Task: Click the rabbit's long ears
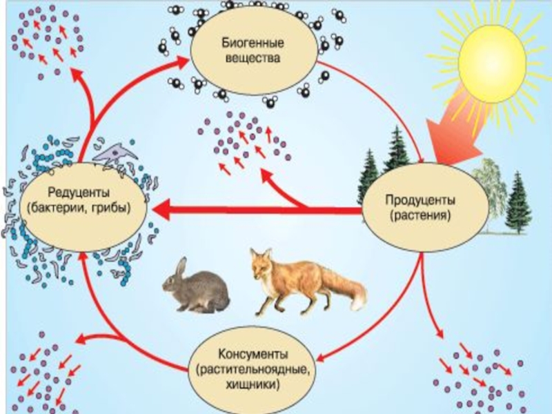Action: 180,266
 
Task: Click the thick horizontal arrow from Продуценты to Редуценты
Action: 262,208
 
